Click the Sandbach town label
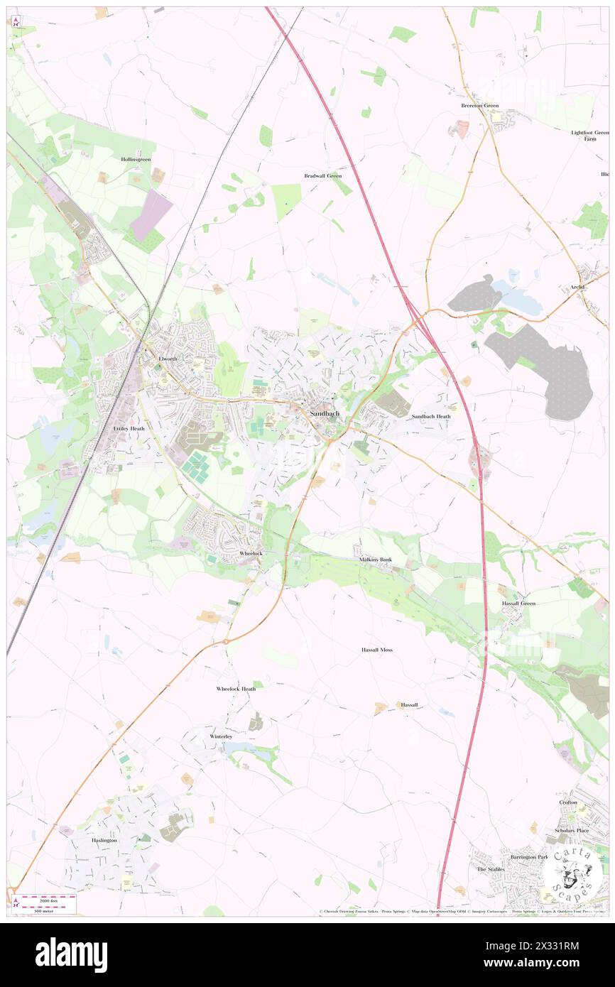(324, 413)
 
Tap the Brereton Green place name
(480, 106)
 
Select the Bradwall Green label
(323, 175)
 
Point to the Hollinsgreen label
(136, 160)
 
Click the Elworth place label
(168, 359)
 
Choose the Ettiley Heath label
(129, 429)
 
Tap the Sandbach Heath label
(431, 417)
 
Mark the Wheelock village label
(251, 552)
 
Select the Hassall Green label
(518, 604)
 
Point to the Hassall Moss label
(376, 650)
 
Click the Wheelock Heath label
(236, 689)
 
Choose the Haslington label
(104, 840)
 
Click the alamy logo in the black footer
(71, 955)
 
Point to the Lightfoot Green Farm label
(590, 136)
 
